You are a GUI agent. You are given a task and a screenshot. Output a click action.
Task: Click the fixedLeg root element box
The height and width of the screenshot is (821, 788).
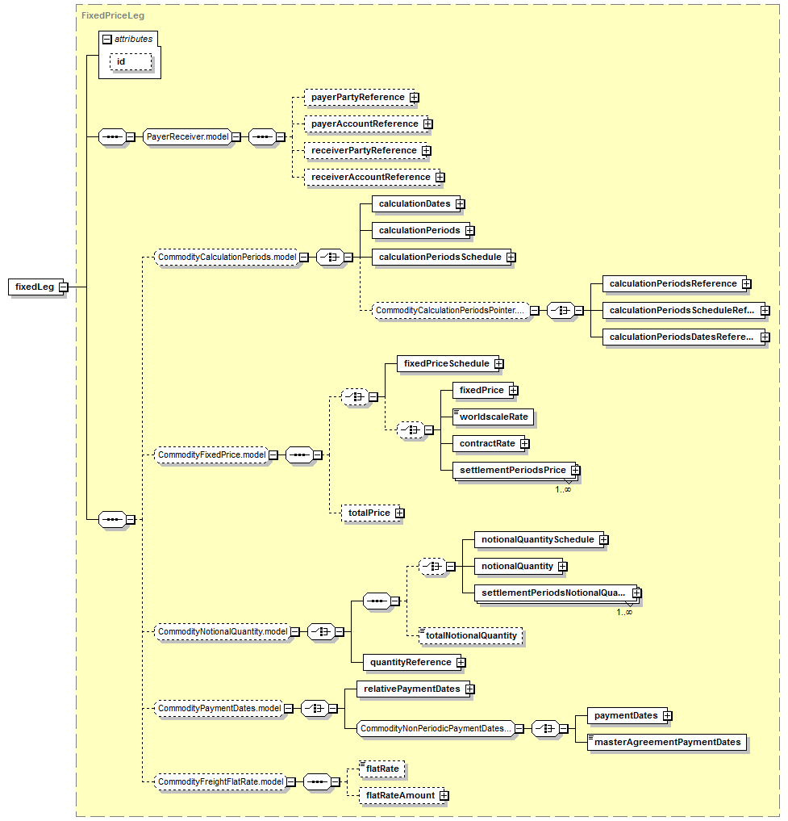pos(35,287)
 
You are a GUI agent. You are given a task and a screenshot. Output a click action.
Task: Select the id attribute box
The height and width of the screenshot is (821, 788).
pos(131,62)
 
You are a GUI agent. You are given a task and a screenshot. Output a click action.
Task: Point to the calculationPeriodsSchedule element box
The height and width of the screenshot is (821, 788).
pos(441,257)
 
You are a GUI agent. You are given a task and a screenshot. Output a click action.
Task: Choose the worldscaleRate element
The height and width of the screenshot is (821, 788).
pos(493,417)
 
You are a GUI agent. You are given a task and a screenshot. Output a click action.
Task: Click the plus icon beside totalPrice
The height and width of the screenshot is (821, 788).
pos(400,513)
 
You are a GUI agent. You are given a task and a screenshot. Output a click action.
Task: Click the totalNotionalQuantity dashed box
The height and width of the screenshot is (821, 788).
pos(471,635)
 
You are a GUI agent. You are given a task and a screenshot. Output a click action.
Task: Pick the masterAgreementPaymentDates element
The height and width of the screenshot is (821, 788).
pos(667,743)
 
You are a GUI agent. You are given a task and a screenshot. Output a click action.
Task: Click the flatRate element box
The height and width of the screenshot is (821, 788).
pos(382,769)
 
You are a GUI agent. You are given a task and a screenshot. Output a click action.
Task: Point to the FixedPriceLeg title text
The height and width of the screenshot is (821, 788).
pos(113,15)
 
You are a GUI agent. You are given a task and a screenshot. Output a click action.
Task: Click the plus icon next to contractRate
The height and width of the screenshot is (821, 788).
pos(525,444)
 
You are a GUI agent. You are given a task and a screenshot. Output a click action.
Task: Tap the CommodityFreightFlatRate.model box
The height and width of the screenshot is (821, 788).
pos(220,782)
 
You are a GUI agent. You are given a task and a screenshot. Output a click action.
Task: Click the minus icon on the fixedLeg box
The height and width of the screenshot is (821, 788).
pos(63,287)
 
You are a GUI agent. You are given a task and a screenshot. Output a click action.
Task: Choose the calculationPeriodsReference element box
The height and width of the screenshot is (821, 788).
pos(674,284)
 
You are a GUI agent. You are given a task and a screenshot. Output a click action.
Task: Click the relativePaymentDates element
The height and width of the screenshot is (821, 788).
pos(414,689)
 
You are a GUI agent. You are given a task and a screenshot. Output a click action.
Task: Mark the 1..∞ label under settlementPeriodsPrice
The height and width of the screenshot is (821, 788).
pos(563,489)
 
